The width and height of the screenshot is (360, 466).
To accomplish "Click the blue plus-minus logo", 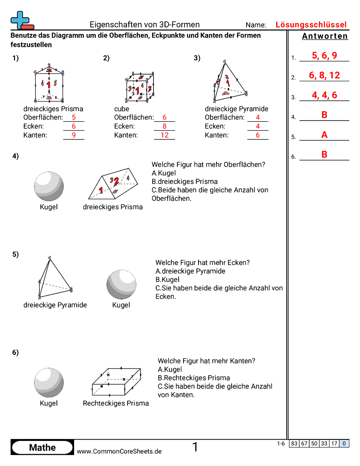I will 19,20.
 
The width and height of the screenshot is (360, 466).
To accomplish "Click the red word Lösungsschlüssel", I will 311,25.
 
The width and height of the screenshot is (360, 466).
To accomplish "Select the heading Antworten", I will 325,36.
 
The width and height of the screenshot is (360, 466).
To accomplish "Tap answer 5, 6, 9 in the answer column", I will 324,56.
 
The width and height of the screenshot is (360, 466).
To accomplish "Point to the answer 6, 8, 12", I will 324,75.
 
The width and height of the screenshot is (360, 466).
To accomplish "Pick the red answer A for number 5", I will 324,135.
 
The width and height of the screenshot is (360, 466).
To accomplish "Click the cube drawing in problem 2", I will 139,87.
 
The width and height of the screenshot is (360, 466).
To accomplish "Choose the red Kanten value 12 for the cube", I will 164,135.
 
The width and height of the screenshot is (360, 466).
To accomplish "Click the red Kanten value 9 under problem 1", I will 74,135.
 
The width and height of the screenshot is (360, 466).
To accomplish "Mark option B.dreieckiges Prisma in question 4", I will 184,181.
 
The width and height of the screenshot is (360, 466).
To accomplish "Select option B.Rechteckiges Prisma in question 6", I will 194,378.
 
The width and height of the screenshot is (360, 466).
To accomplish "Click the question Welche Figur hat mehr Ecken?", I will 202,263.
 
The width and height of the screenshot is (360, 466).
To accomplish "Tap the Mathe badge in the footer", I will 42,447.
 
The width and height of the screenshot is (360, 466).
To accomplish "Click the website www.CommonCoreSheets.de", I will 119,451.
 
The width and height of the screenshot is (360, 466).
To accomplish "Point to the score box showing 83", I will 294,443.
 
